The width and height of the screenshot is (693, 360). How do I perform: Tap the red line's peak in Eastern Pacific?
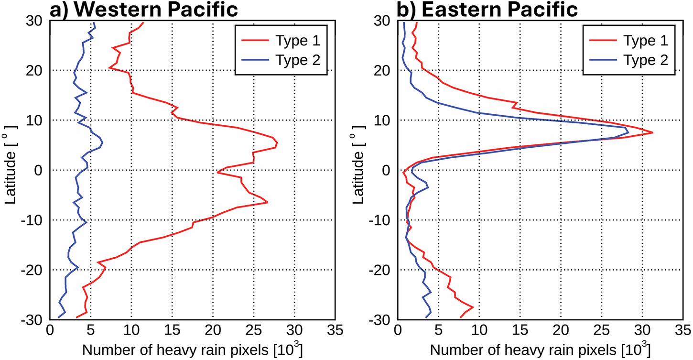tap(653, 132)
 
